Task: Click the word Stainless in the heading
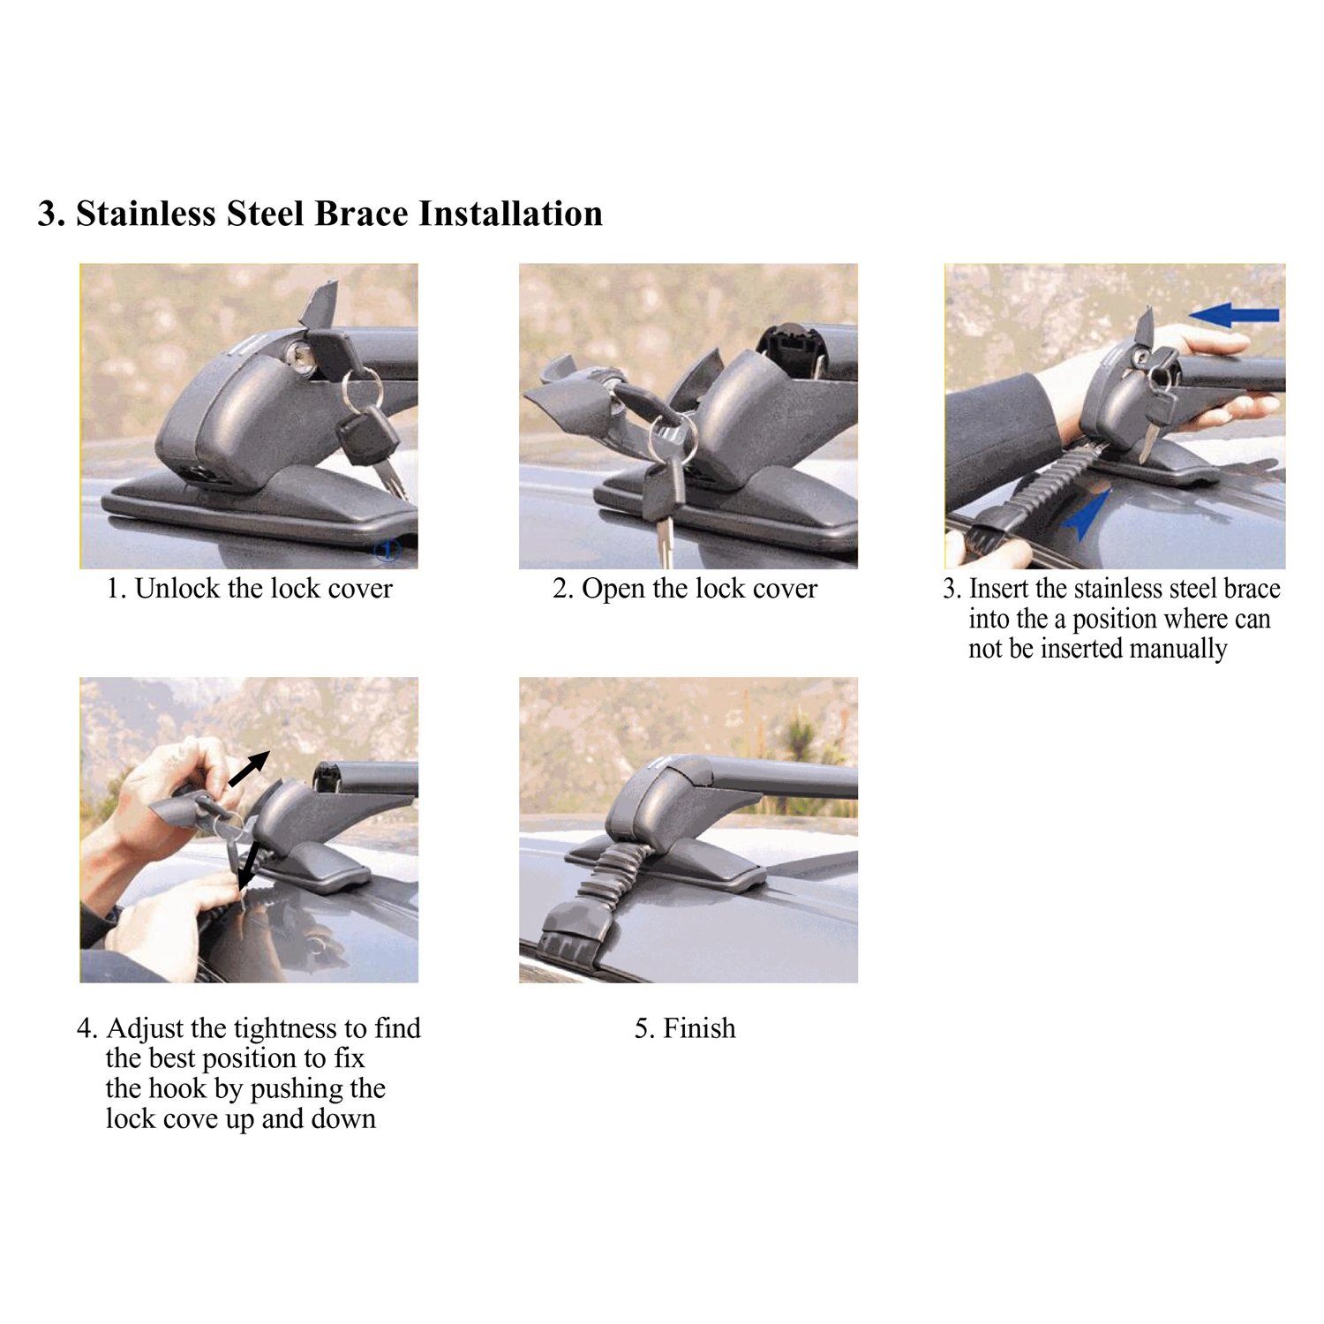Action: coord(145,214)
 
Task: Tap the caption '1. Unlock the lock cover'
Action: coord(250,589)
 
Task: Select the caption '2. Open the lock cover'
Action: coord(685,589)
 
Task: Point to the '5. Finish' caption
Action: coord(685,1028)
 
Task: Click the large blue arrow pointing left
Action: coord(1234,314)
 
